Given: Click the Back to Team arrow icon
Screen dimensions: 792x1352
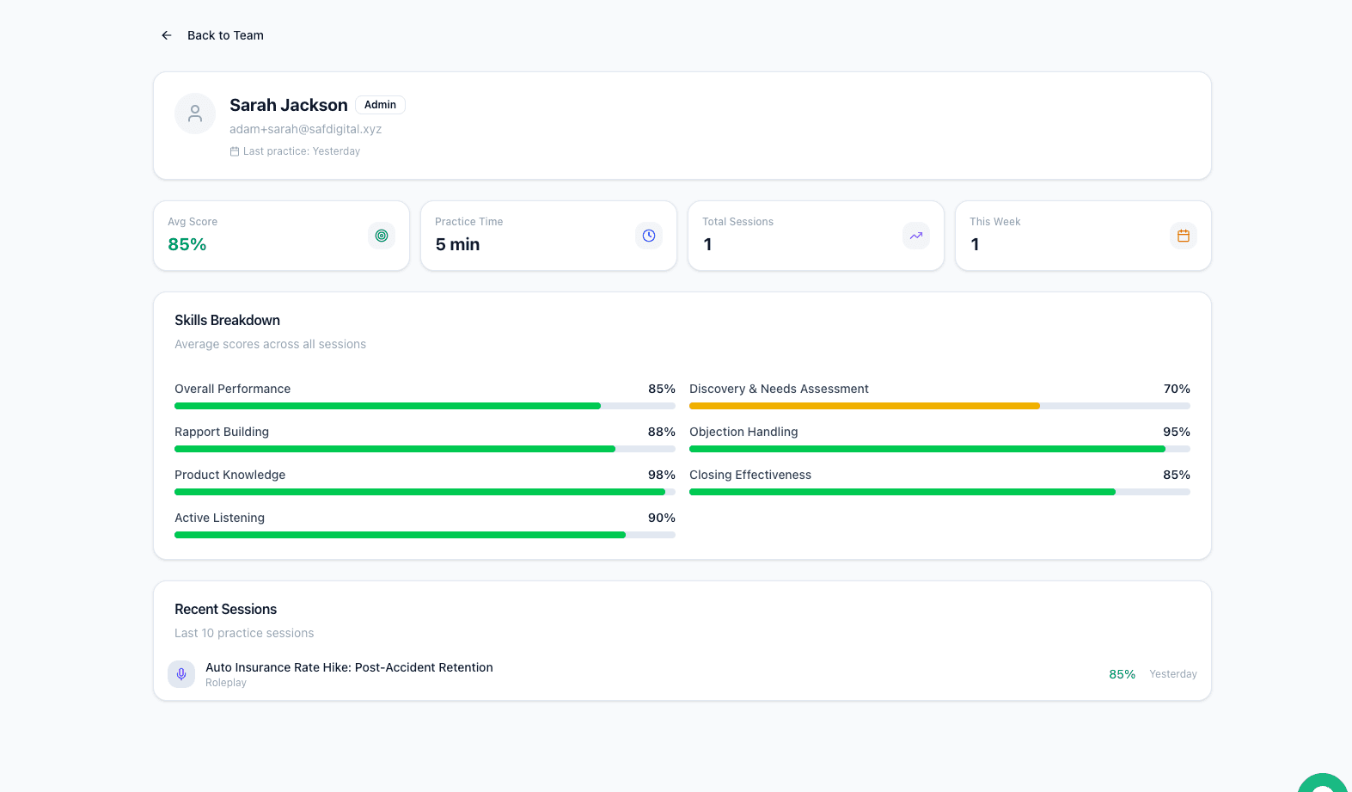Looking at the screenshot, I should click(x=167, y=35).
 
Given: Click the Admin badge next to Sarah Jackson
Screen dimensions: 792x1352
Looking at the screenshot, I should click(x=380, y=105).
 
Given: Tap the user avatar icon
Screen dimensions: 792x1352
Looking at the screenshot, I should click(x=195, y=114).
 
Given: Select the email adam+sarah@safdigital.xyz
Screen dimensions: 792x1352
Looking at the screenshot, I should click(x=305, y=129).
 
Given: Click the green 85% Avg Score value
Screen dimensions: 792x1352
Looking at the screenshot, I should click(x=187, y=244).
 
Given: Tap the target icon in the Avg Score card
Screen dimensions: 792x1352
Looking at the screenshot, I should click(x=382, y=236).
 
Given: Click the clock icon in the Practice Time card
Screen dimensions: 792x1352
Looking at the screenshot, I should click(x=649, y=236).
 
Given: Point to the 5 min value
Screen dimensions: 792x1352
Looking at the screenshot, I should click(x=457, y=244).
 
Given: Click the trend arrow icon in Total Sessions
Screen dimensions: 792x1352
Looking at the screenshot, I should click(x=916, y=236).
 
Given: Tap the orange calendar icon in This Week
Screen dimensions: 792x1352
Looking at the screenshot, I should click(x=1184, y=236).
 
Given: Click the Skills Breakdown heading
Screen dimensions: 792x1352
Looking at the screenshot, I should click(x=227, y=320).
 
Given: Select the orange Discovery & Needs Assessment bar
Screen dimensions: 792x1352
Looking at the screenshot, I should click(x=864, y=406).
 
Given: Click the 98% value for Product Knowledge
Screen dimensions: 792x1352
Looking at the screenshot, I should click(x=661, y=475).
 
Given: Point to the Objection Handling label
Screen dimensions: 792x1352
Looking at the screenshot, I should click(x=743, y=432).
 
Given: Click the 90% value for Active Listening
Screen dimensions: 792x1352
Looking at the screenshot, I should click(x=661, y=518).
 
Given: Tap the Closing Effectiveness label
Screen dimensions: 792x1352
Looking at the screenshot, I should click(x=750, y=475).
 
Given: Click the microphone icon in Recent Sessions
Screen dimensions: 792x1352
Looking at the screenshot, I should click(x=181, y=674).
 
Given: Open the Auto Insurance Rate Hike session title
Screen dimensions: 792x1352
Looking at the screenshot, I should click(x=349, y=667).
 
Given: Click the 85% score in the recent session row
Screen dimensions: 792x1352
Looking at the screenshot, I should click(x=1122, y=674).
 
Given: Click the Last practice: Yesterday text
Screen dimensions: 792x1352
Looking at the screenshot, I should click(x=301, y=151).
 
